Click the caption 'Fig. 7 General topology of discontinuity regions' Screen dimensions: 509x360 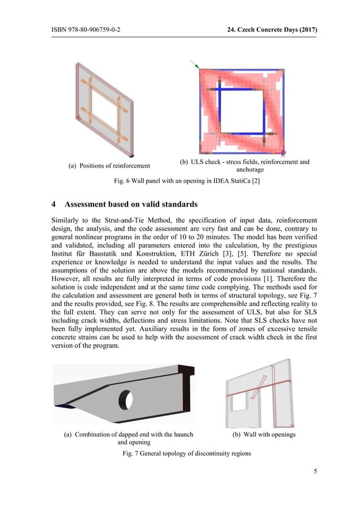pyautogui.click(x=179, y=454)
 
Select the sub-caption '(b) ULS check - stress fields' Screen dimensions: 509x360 pyautogui.click(x=244, y=162)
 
